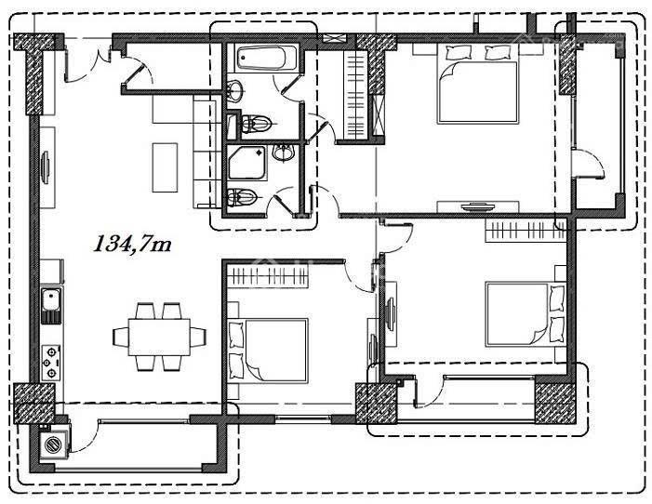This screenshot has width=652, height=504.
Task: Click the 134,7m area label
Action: (x=133, y=245)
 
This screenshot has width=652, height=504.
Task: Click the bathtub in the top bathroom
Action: (x=267, y=58)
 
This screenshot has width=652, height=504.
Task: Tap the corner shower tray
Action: (x=247, y=163)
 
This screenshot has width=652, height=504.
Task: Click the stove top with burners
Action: (x=51, y=363)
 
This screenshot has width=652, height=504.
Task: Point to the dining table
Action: (x=159, y=337)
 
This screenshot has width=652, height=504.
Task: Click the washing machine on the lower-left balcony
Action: (x=53, y=444)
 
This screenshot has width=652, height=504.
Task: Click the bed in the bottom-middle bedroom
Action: (x=268, y=350)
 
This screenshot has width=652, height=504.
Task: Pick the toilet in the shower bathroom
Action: (x=243, y=197)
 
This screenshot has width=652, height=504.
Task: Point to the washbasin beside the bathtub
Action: (x=235, y=90)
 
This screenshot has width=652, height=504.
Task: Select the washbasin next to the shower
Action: (x=285, y=153)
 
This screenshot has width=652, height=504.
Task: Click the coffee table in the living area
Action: (x=165, y=167)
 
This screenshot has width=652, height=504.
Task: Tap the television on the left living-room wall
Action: (x=46, y=167)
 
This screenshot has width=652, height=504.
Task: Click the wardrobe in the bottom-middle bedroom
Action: (x=268, y=276)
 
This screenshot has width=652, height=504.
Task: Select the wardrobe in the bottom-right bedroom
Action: (x=526, y=230)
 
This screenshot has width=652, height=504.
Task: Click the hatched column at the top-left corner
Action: (x=34, y=74)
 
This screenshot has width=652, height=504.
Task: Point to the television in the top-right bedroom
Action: (x=478, y=206)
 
